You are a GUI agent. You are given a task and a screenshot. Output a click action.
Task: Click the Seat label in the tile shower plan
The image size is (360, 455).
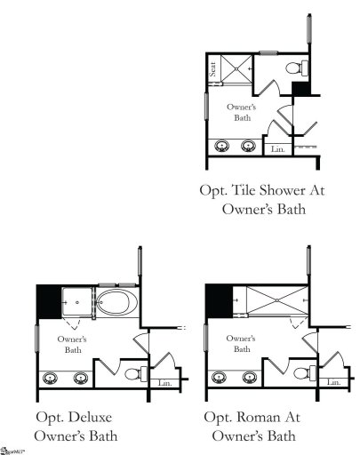point(213,70)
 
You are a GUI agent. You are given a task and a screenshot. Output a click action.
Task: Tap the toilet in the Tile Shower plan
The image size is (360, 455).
point(299,68)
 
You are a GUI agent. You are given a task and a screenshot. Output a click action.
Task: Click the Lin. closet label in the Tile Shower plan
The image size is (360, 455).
point(276,150)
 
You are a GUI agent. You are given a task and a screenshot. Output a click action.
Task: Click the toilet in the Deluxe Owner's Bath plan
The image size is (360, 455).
point(132,374)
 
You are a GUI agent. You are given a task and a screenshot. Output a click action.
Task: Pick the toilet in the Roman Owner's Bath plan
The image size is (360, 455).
point(302,374)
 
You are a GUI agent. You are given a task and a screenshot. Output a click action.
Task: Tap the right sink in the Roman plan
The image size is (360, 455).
point(251,378)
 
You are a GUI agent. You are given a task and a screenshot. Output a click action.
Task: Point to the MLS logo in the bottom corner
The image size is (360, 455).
point(11,449)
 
